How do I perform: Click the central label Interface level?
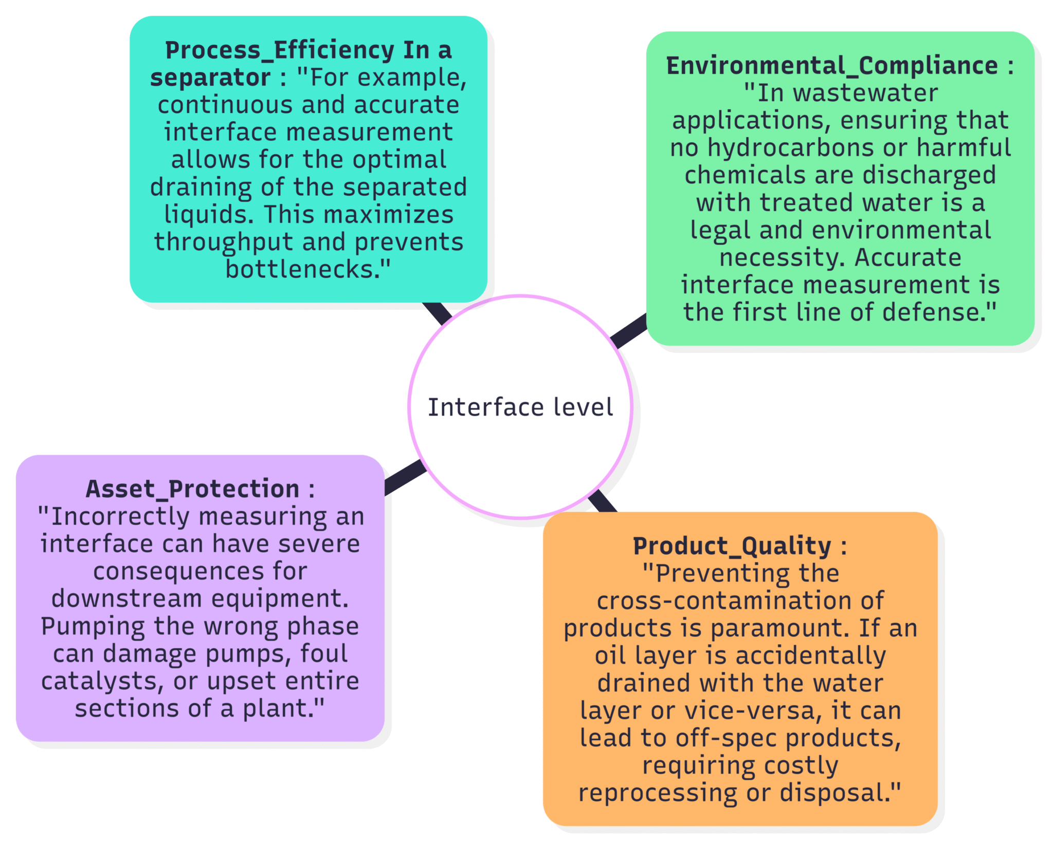pos(520,407)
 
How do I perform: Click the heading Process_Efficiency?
pos(279,50)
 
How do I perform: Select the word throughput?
pos(224,242)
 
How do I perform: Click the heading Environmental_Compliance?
pos(832,66)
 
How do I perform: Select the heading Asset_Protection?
pos(192,489)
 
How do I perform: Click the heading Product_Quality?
pos(732,546)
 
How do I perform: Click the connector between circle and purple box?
pos(405,477)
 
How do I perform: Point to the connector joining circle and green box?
pos(628,331)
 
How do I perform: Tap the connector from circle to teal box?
pos(437,313)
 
